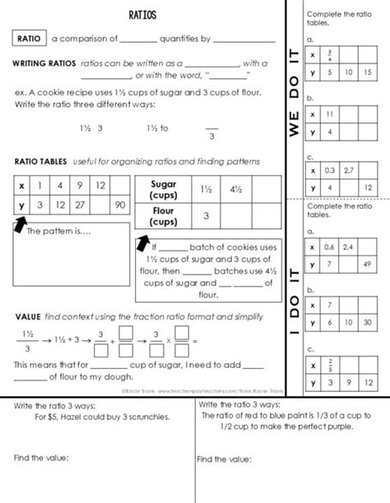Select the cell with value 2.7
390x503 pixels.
[349, 171]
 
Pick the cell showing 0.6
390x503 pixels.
[329, 247]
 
